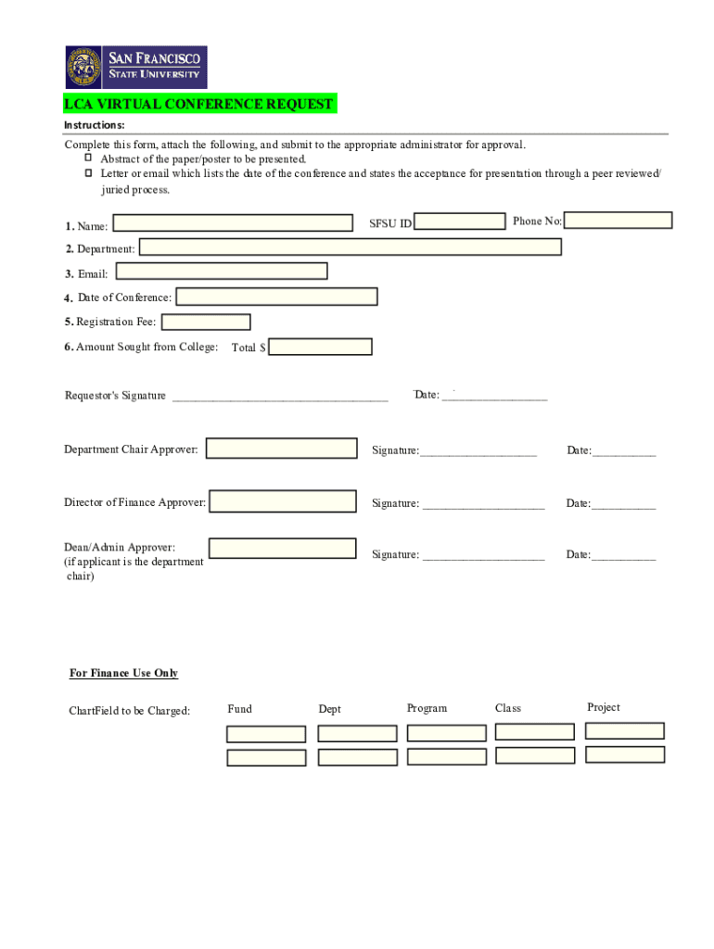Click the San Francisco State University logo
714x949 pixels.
pos(136,68)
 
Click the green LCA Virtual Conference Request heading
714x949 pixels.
pos(198,104)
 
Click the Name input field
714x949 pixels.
pos(233,223)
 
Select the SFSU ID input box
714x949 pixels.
pos(460,221)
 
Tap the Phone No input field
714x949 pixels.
pos(618,221)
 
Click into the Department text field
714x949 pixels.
pos(351,247)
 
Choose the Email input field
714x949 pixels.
pos(222,271)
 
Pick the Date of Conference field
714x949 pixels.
pos(276,297)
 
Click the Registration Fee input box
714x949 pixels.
pos(206,323)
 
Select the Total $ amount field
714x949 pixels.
pos(320,347)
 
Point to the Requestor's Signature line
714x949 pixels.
pos(280,398)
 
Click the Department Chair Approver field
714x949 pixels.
pos(282,449)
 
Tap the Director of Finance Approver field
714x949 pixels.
pos(283,501)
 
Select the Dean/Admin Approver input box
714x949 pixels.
pos(283,548)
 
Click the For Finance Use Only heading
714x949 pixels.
pos(123,673)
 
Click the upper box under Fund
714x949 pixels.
pos(266,734)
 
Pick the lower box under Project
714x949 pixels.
pos(625,754)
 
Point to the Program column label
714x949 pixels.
pos(427,708)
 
